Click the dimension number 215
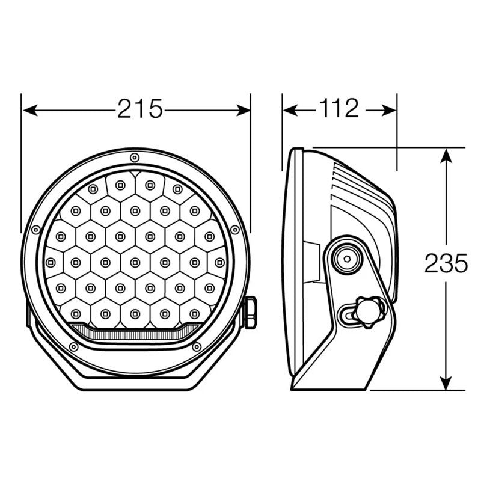(x=140, y=109)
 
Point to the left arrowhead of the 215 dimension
(x=28, y=109)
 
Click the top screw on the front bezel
(x=135, y=158)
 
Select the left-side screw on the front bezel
(x=35, y=230)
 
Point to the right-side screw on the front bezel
(x=234, y=230)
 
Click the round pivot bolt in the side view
(x=347, y=257)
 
